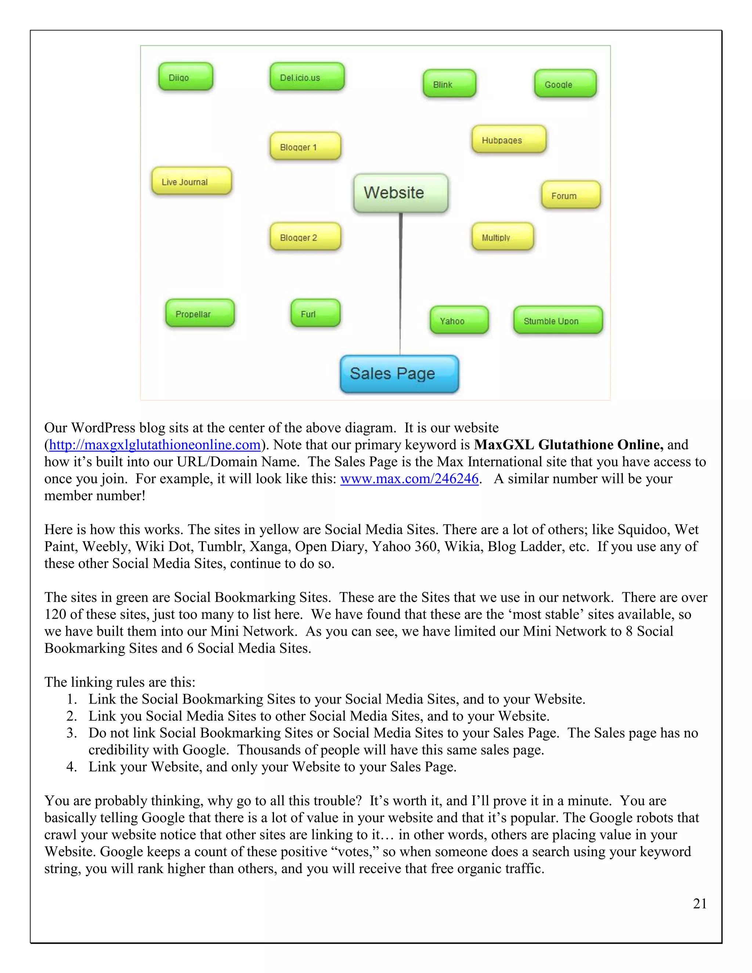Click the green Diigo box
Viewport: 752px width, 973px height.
186,77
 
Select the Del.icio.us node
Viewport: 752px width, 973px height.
307,77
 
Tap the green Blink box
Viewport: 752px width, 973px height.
449,84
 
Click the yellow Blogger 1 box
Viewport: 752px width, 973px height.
305,146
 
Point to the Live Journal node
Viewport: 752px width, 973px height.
192,181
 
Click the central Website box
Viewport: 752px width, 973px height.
401,193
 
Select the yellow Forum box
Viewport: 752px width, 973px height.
571,195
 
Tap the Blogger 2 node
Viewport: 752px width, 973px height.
305,236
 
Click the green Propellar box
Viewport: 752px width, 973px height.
200,313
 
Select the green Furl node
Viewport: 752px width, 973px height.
315,313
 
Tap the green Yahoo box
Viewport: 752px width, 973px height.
459,320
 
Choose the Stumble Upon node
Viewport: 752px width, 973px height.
558,320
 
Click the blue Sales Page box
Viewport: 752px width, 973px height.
399,374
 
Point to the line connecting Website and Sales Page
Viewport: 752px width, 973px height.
400,285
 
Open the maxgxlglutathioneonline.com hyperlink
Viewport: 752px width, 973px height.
155,445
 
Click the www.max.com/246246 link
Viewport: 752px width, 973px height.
409,478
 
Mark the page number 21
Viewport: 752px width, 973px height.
699,904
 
